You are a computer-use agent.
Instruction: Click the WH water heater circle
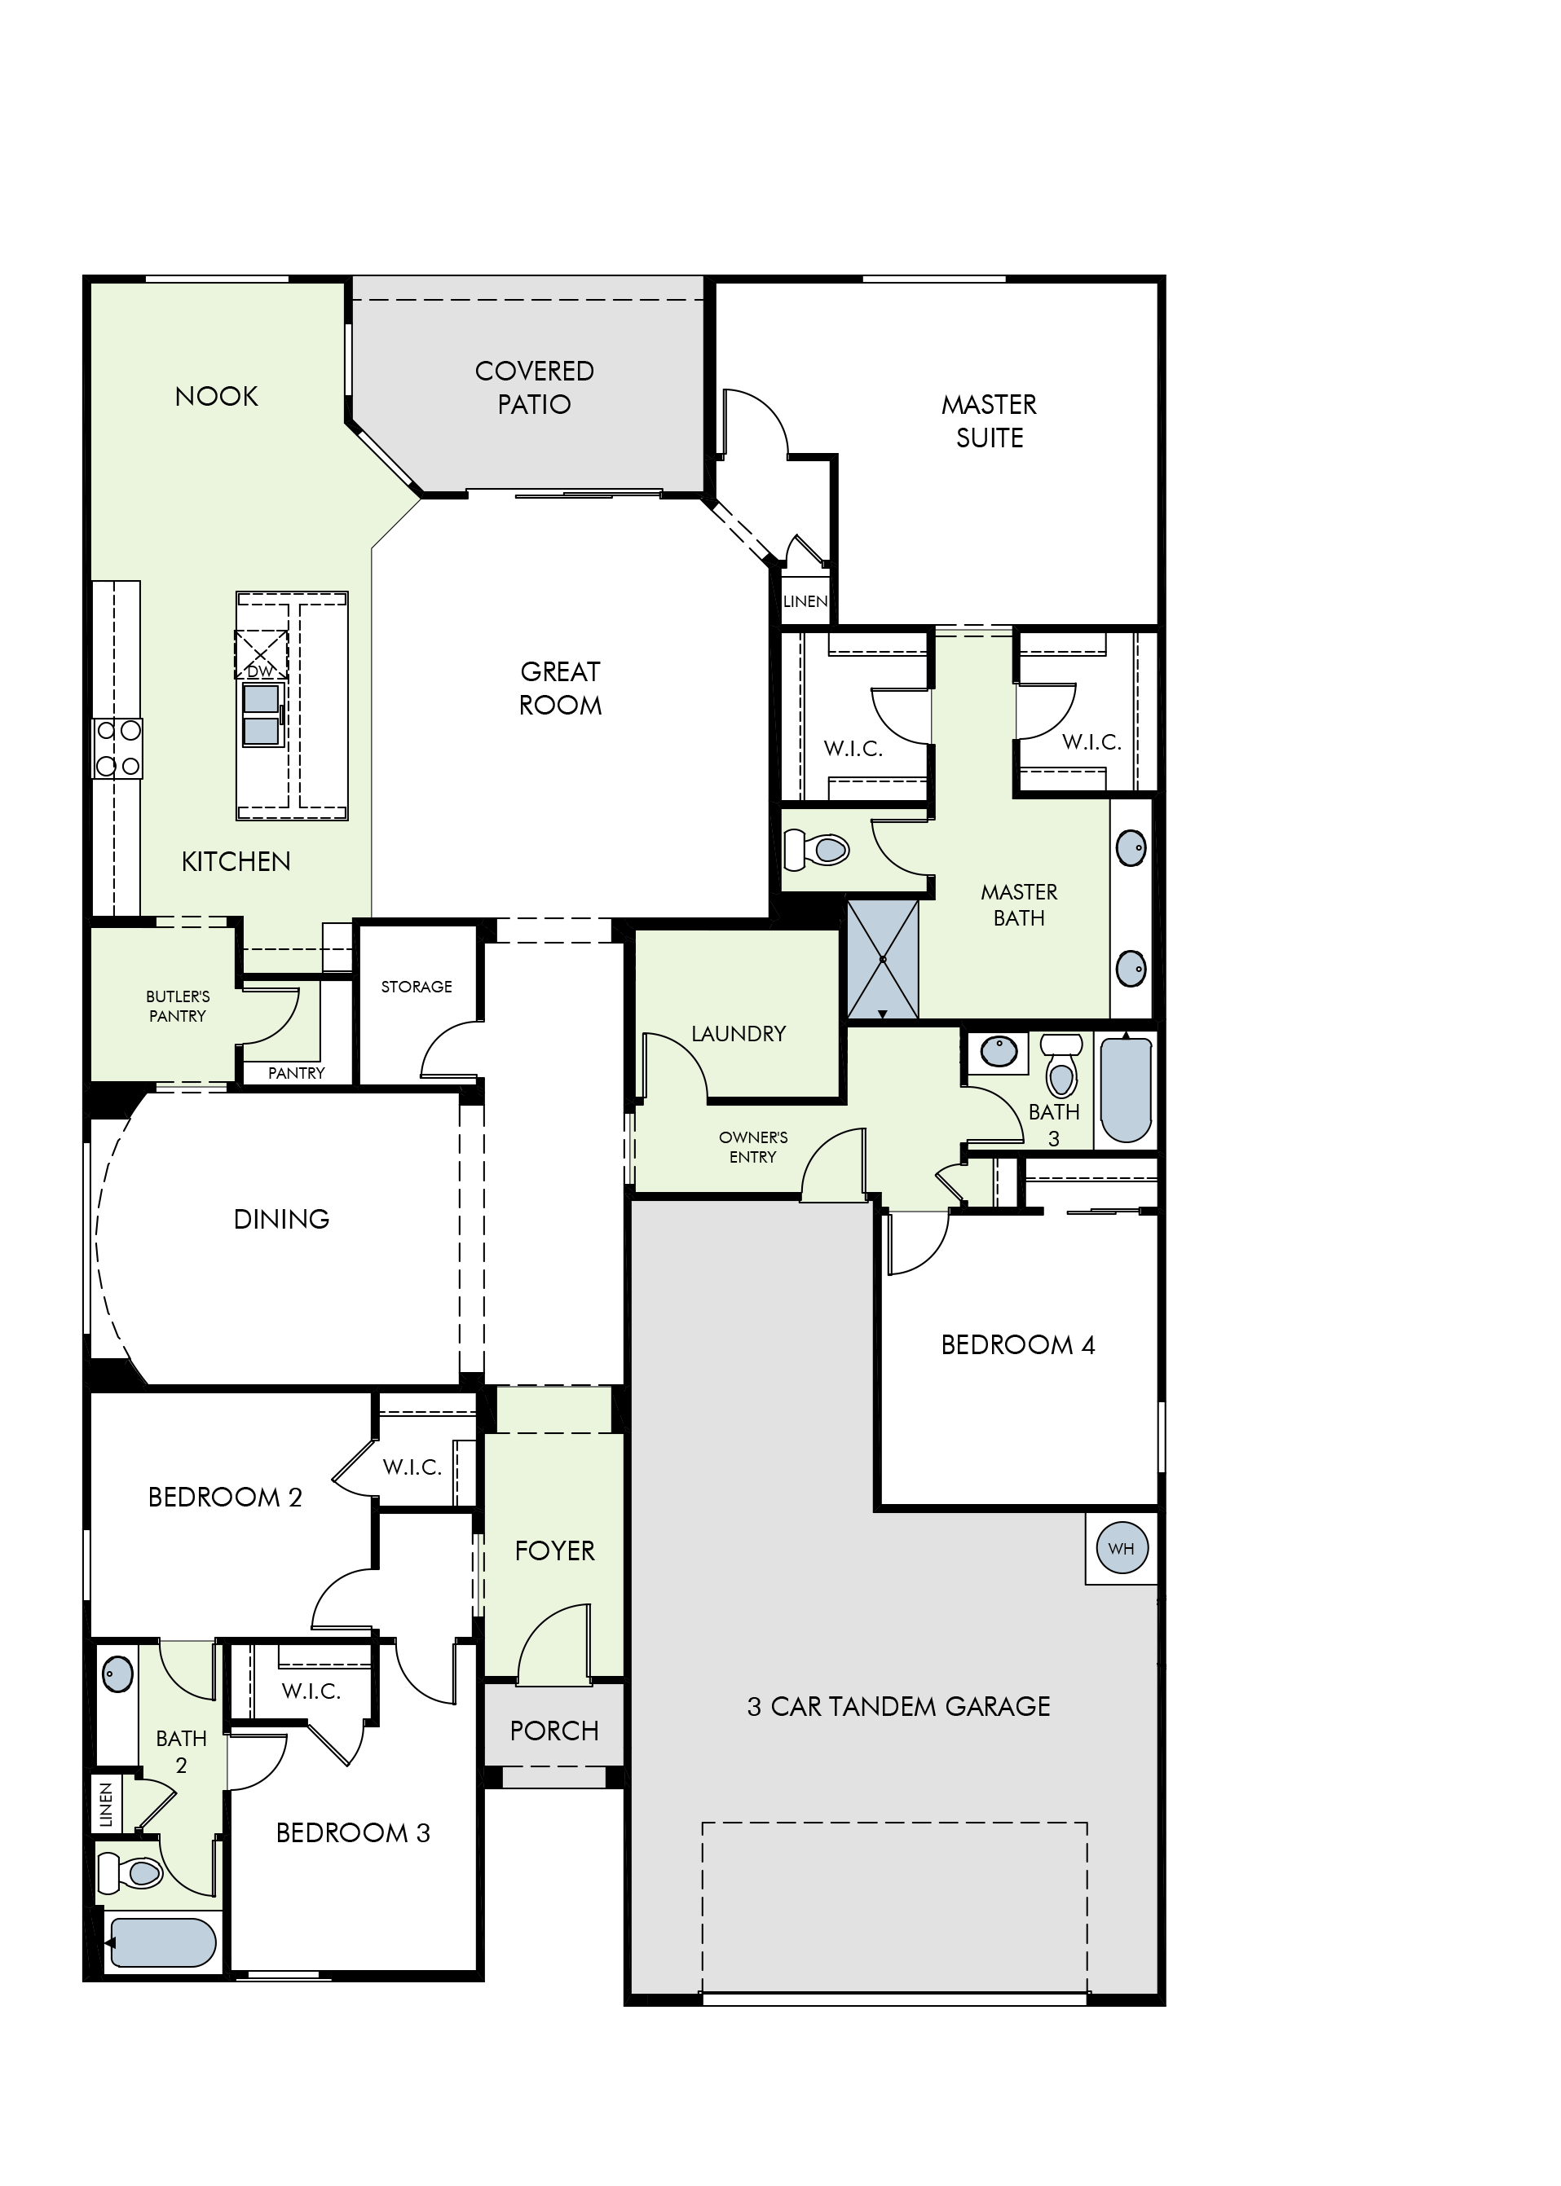click(x=1121, y=1548)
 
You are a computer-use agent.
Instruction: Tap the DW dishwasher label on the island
click(x=261, y=671)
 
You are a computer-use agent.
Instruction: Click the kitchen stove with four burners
click(x=117, y=749)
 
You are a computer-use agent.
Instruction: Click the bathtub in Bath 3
click(x=1126, y=1089)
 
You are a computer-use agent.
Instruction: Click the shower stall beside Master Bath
click(x=882, y=958)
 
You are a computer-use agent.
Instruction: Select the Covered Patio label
click(x=535, y=387)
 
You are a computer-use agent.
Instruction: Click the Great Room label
click(x=560, y=688)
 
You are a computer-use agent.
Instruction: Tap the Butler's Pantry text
click(x=178, y=1006)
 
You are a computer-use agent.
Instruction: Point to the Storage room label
click(x=417, y=987)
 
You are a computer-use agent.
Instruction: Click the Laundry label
click(x=739, y=1034)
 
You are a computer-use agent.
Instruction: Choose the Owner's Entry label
click(x=752, y=1147)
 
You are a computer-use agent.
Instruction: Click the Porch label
click(x=554, y=1731)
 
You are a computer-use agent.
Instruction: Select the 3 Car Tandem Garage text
click(x=899, y=1707)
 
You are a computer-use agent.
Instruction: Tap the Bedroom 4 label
click(x=1018, y=1345)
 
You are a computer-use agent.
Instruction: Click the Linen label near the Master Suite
click(x=805, y=601)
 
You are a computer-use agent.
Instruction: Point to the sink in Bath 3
click(x=999, y=1051)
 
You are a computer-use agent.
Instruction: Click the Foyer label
click(x=554, y=1550)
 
